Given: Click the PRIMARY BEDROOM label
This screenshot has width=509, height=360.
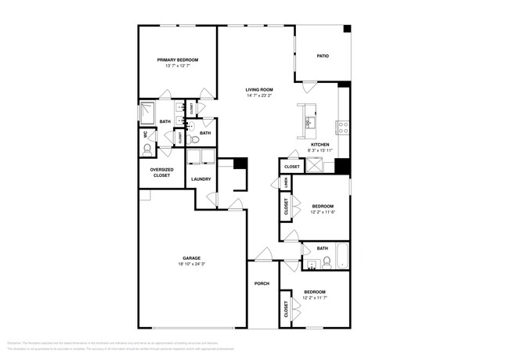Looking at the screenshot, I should point(177,60).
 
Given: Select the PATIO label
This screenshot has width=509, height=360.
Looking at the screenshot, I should point(322,56).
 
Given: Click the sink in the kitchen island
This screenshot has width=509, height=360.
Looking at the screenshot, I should point(309,122).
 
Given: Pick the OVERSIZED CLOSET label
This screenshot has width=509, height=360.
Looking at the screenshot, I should point(161,173).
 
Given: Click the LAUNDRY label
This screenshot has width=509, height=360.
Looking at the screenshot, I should point(201,179).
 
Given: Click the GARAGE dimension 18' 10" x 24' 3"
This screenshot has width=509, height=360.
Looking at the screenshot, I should point(192,264).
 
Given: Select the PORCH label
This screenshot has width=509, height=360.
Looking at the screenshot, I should point(262,284).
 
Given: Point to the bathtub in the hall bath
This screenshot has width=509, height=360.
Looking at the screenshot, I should point(339,257).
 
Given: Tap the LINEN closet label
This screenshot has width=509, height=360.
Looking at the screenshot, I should point(286,183).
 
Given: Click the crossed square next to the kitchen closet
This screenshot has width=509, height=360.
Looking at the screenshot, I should point(316,166).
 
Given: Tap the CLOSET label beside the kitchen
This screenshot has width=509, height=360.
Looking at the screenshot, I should point(292,167).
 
